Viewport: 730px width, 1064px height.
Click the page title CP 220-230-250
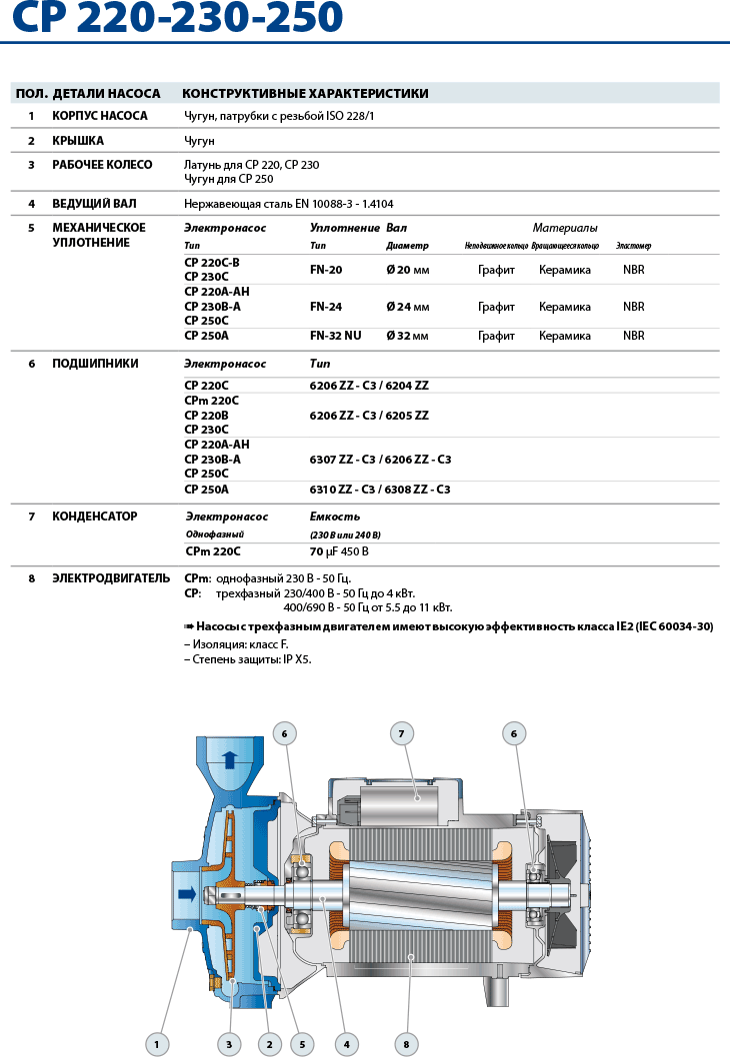172,17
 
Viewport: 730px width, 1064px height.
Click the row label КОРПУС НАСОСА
100,116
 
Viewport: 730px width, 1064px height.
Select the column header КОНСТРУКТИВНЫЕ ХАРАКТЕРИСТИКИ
305,94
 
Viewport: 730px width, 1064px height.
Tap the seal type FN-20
326,270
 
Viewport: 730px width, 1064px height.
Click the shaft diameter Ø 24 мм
408,307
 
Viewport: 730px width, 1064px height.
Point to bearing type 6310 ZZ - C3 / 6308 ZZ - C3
380,490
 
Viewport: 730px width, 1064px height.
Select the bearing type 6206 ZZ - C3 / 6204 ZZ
369,386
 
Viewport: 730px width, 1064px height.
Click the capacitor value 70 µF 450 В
339,551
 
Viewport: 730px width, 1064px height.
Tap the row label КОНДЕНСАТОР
95,517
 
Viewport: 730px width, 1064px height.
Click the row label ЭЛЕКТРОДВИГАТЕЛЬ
111,577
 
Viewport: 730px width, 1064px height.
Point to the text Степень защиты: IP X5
247,659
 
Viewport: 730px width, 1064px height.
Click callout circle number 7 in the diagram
401,734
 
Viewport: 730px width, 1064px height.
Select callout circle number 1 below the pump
156,1045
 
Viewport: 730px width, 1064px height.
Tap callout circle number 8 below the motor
406,1045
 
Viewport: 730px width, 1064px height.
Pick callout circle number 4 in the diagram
346,1045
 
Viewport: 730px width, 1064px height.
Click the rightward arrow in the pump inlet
187,892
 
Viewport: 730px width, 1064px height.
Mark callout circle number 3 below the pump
229,1045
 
